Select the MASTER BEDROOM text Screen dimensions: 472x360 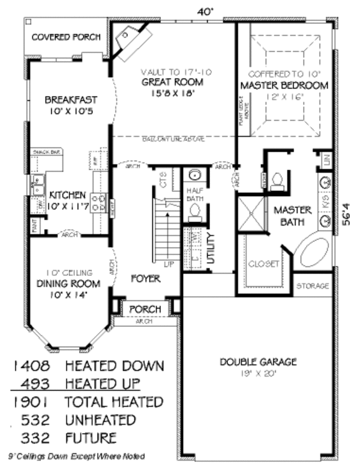point(284,86)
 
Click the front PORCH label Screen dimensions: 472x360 point(145,309)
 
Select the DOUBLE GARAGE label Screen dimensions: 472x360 point(258,362)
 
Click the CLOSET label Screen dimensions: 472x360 point(264,264)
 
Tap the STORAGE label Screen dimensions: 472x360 point(313,286)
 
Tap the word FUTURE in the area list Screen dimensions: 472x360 point(91,438)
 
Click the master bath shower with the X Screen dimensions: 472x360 point(251,213)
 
